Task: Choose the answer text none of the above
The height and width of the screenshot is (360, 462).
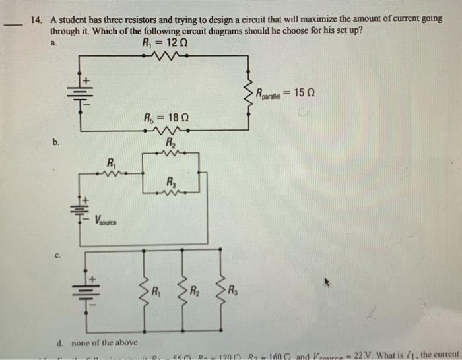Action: coord(100,342)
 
